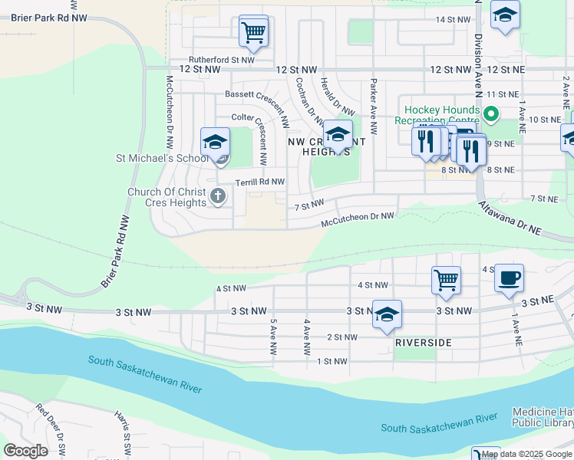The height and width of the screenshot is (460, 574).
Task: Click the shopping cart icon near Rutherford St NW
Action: tap(253, 32)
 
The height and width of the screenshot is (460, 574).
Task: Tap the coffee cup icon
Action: tap(508, 278)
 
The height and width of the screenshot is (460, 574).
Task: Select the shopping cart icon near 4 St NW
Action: tap(446, 280)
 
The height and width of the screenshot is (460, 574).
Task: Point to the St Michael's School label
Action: tap(162, 159)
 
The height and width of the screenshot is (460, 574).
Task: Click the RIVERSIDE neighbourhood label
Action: tap(422, 343)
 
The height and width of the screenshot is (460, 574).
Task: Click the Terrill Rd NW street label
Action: tap(260, 182)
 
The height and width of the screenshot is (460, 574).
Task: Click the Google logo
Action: tap(25, 451)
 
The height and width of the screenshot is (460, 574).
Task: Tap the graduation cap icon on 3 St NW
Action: tap(387, 314)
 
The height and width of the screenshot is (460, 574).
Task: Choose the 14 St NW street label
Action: tap(453, 19)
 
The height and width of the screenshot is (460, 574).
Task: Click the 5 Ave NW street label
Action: tap(273, 338)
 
